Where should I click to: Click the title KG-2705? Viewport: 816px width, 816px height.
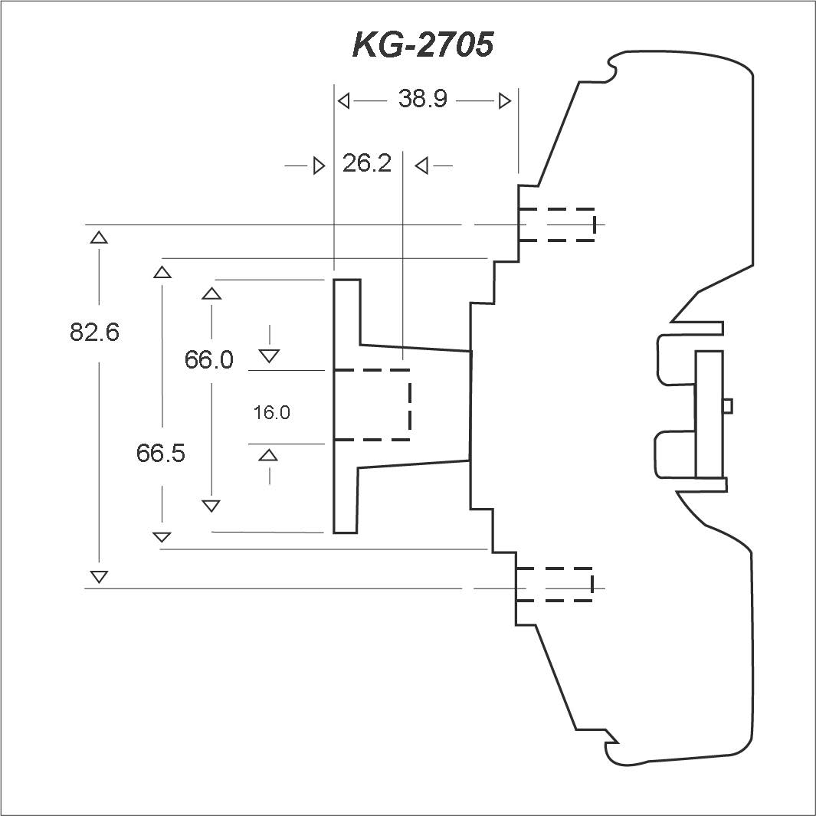pos(423,44)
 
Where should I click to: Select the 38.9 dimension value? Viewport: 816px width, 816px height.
pos(423,98)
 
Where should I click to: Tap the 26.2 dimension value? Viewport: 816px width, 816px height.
pos(367,163)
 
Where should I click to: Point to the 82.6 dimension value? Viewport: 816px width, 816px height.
pos(94,332)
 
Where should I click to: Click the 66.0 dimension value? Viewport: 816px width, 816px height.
pos(208,359)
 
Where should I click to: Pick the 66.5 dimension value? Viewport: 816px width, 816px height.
pos(160,454)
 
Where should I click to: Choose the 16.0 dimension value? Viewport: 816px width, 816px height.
pos(271,413)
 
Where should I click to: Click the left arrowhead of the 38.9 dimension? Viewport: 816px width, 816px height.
pos(343,100)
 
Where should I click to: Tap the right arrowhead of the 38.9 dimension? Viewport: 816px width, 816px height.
pos(505,100)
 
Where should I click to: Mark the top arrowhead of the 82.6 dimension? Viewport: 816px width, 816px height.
pos(99,238)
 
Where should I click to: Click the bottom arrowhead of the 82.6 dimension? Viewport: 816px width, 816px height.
pos(99,577)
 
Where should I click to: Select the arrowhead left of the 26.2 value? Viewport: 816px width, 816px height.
pos(319,166)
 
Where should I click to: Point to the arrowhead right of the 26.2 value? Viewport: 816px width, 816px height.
pos(421,166)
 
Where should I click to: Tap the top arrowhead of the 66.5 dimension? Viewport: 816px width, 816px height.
pos(162,272)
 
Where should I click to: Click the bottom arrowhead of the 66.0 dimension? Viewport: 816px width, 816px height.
pos(211,506)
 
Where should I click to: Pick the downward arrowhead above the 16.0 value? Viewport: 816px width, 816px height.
pos(269,356)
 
